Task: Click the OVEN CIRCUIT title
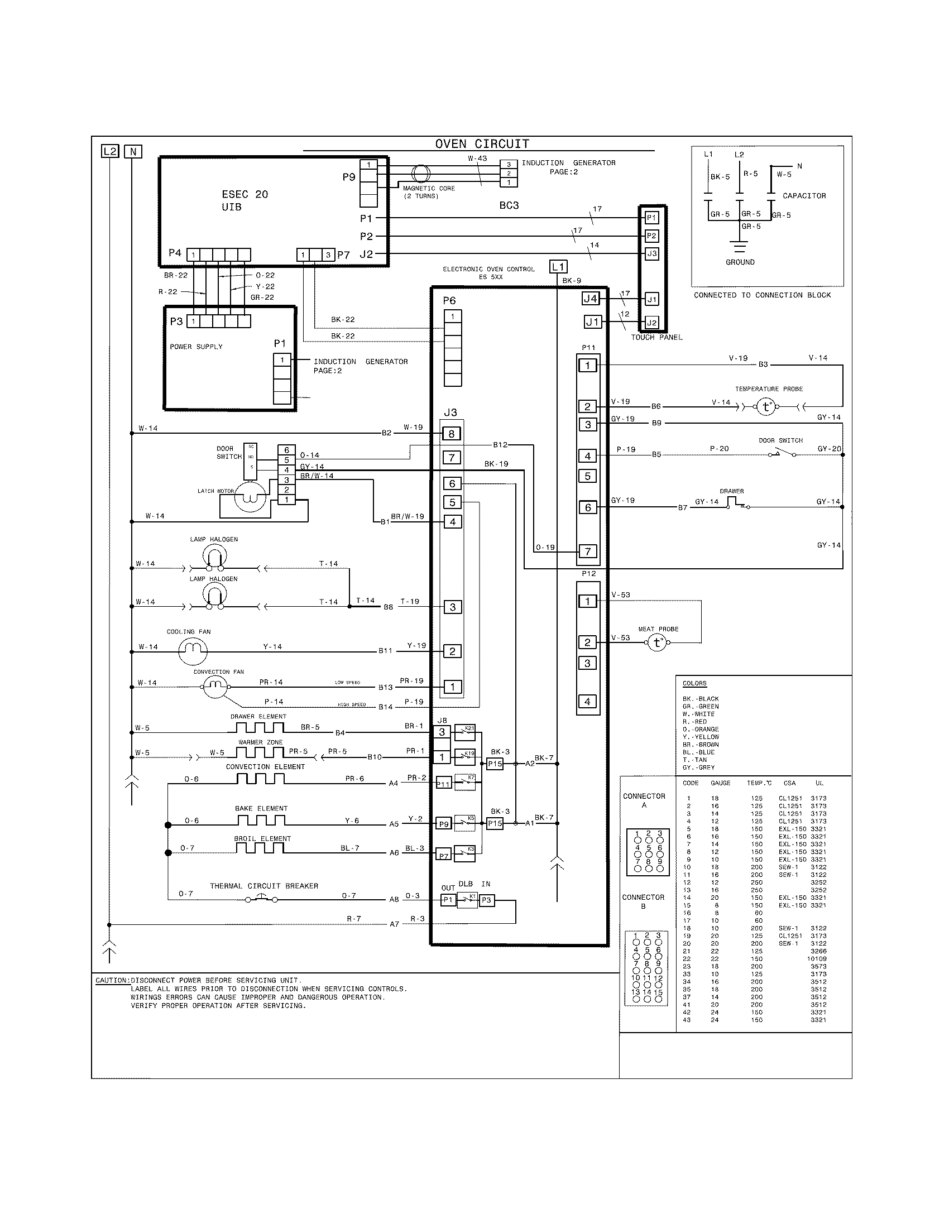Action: [x=482, y=144]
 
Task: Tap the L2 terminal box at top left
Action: [x=110, y=151]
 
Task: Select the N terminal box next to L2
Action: [x=133, y=151]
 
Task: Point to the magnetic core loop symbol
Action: [x=420, y=173]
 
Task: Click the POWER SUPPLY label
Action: [x=196, y=347]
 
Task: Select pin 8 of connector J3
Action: [x=452, y=434]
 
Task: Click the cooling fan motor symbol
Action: [x=193, y=651]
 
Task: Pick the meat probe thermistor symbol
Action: [x=656, y=642]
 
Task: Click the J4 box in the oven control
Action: [x=590, y=299]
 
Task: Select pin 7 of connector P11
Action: [x=588, y=551]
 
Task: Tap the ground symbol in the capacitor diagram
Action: [x=740, y=247]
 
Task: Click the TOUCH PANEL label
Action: [x=656, y=337]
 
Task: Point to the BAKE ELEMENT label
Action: [x=261, y=809]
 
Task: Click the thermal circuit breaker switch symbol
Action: [x=261, y=900]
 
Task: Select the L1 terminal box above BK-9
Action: [x=558, y=266]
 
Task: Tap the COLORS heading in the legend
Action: [x=694, y=684]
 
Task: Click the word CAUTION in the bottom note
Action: [x=112, y=981]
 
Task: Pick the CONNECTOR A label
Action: [x=644, y=800]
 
